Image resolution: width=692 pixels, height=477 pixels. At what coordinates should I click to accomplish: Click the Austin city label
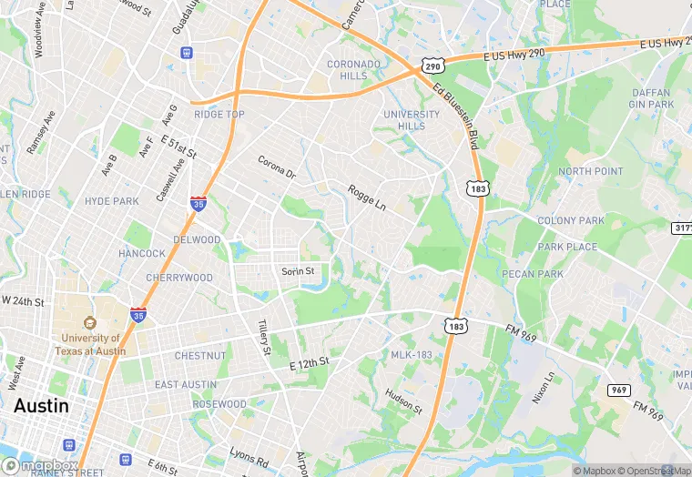[41, 405]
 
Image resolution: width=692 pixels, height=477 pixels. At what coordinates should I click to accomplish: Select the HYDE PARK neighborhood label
[111, 200]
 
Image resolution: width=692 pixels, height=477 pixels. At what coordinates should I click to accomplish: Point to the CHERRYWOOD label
[179, 278]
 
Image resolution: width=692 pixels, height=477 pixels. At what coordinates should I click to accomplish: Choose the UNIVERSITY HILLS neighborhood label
[412, 120]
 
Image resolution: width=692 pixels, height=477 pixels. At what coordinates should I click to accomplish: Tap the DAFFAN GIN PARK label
[650, 98]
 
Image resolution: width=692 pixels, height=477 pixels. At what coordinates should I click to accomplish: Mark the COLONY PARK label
[571, 220]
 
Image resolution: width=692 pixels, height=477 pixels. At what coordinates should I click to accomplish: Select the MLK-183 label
[412, 354]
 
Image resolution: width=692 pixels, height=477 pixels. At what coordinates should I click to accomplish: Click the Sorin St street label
[298, 271]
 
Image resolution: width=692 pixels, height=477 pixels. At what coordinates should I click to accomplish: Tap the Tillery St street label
[264, 337]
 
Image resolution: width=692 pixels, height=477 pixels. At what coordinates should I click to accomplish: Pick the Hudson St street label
[403, 401]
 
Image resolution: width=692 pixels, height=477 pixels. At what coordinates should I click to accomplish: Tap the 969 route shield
[619, 390]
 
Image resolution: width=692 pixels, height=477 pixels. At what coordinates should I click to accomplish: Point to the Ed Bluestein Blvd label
[456, 117]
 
